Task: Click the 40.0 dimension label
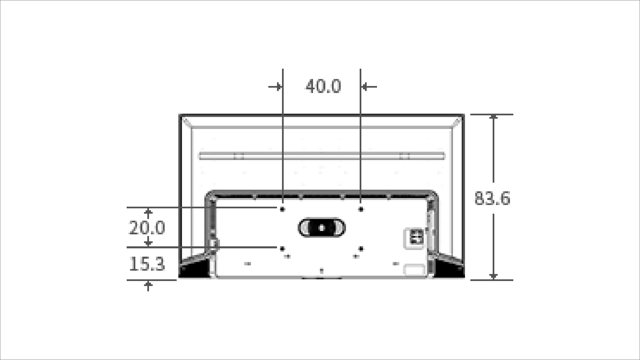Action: tap(323, 86)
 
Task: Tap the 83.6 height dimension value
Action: tap(492, 198)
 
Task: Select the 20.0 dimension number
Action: tap(147, 228)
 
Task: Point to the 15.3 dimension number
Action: tap(147, 264)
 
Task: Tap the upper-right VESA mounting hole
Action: tap(361, 209)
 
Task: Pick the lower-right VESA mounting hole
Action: tap(361, 249)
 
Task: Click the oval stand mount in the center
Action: tap(321, 228)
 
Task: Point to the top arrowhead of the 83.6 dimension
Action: tap(494, 117)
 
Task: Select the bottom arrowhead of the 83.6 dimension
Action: tap(494, 277)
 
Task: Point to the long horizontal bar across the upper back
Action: tap(321, 156)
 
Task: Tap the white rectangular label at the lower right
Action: tap(414, 270)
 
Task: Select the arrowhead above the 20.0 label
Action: tap(148, 212)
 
